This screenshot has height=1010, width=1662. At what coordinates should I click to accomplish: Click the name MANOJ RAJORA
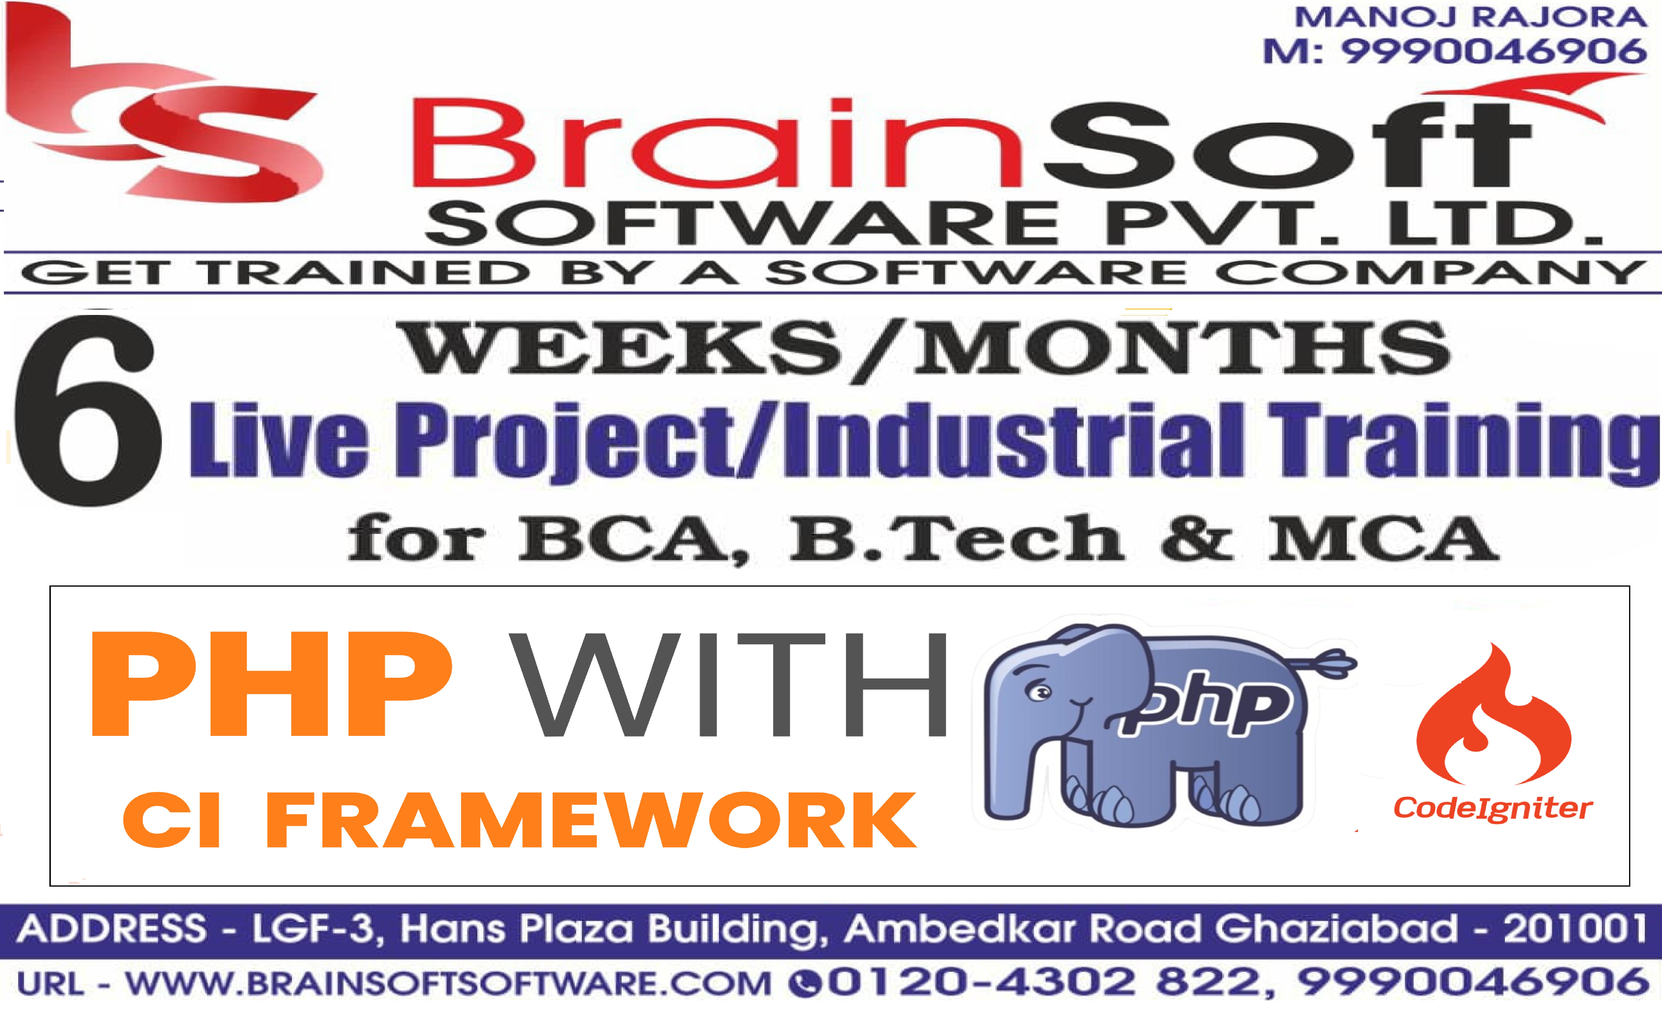[1471, 17]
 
